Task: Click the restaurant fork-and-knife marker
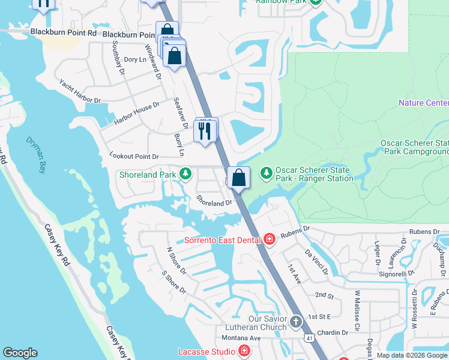tap(206, 130)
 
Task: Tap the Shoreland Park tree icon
tap(186, 175)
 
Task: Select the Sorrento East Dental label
tap(223, 240)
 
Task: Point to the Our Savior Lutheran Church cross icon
tap(295, 322)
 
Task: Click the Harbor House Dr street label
tap(137, 113)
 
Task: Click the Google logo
tap(20, 352)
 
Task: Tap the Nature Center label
tap(423, 103)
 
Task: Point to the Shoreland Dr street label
tap(215, 203)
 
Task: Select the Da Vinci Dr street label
tap(316, 262)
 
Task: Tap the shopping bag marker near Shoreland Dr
tap(239, 178)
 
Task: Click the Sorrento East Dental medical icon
tap(270, 240)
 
